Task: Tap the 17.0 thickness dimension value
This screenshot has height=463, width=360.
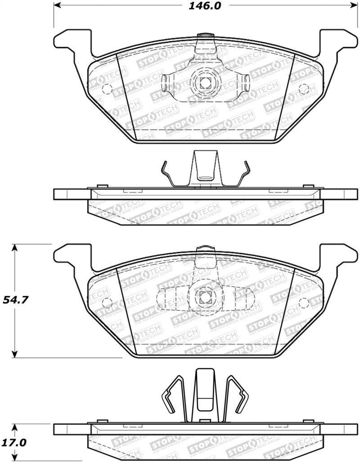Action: coord(13,443)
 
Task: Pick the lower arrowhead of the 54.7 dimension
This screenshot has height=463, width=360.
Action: coord(15,354)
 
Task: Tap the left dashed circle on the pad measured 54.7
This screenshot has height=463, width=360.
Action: coord(107,302)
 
